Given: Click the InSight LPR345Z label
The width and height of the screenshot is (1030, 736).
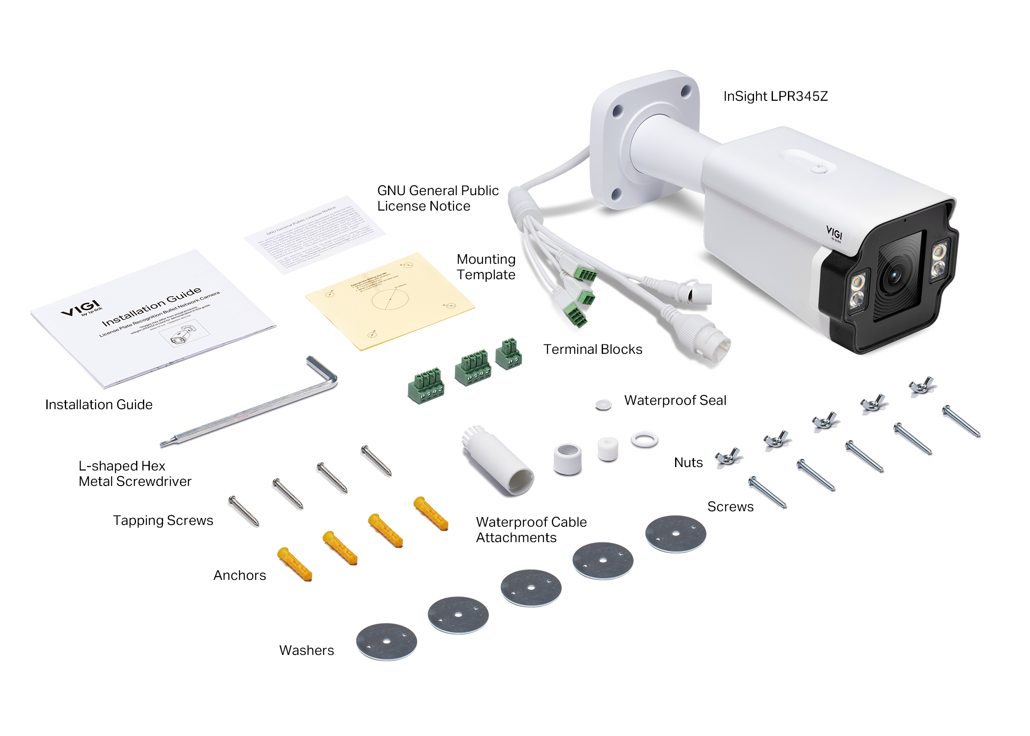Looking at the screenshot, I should pos(775,96).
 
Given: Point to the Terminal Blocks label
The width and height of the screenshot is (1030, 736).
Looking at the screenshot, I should pos(592,349).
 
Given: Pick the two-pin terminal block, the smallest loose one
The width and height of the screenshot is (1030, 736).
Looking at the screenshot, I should pos(509,353).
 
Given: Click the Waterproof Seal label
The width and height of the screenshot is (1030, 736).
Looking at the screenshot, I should pos(675,400).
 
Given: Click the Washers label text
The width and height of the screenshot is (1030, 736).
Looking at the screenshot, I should pos(306,650).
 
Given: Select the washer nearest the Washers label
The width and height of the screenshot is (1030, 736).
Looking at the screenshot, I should pos(386,641).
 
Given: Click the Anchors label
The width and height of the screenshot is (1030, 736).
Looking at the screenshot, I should pos(239,575).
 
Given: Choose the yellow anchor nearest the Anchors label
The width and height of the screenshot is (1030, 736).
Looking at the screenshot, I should pos(295,563).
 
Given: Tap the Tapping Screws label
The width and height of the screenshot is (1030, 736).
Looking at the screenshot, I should pos(163,520).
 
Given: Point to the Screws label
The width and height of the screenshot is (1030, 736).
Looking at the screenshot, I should pos(730,506).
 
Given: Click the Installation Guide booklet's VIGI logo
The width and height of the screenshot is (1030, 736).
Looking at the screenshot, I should pos(82,308).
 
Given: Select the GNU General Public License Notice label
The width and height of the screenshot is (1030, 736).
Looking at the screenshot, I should pos(437,198).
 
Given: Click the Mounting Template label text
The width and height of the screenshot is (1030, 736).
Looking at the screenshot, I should pos(485,266).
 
